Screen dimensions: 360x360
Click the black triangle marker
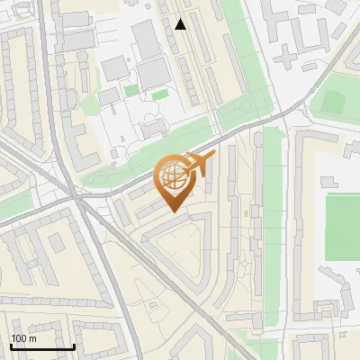(181, 24)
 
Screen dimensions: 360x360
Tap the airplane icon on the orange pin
(200, 165)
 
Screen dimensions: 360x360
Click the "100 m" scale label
(24, 338)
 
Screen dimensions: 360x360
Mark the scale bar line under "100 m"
(42, 346)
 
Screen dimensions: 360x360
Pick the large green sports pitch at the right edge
(342, 225)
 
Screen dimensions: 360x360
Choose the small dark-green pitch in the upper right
(333, 101)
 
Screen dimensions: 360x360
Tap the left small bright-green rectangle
(132, 90)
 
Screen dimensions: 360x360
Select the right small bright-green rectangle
(160, 94)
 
